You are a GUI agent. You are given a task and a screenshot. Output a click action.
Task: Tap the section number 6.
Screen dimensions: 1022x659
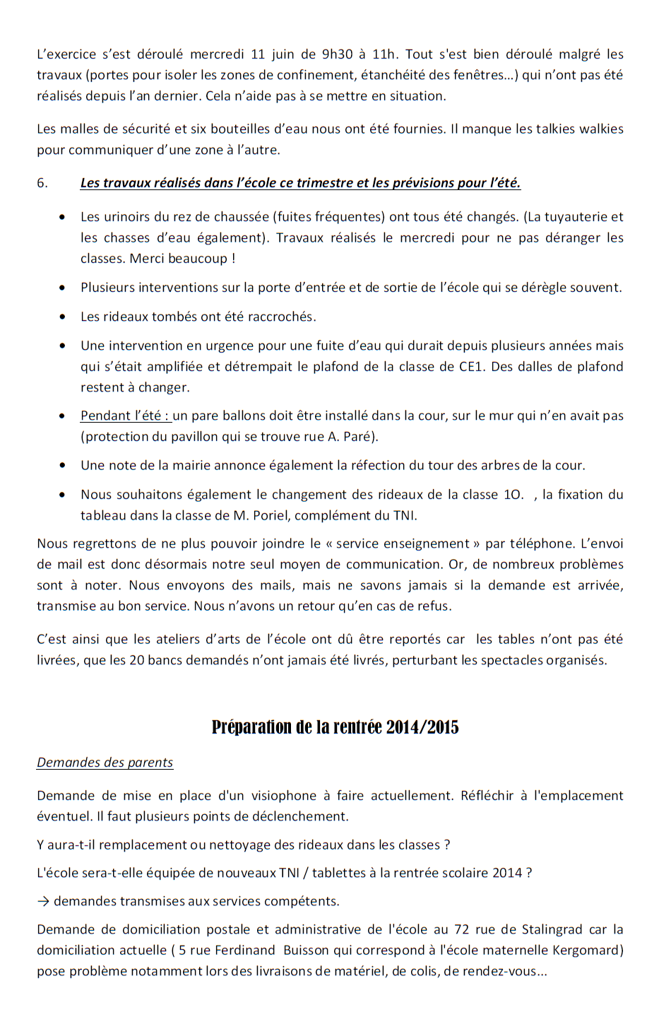point(42,183)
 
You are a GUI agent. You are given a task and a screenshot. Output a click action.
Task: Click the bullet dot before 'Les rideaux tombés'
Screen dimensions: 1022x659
point(64,317)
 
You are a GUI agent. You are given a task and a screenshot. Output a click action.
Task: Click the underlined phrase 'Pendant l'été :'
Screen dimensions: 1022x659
point(125,416)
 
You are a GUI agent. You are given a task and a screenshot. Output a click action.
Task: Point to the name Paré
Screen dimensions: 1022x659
point(360,437)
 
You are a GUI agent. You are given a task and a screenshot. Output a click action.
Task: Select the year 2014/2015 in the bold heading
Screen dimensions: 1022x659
point(422,727)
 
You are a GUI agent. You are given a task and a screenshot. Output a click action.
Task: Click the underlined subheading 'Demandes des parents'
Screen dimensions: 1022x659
point(105,763)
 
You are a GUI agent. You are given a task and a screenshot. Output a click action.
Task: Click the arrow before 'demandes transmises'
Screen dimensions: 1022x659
point(43,901)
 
